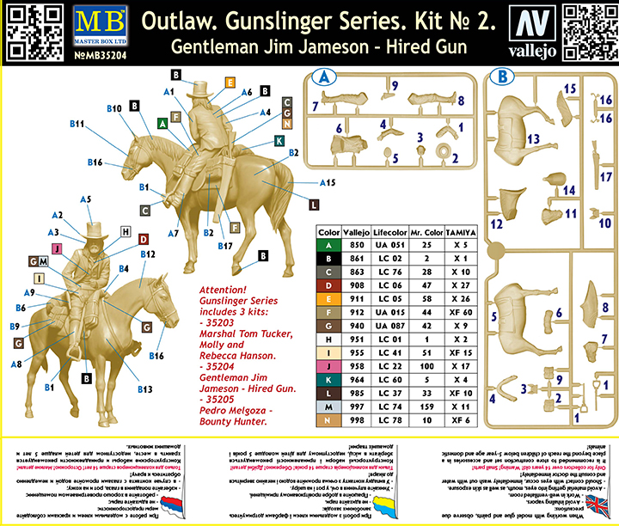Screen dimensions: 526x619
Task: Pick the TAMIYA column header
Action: pos(461,232)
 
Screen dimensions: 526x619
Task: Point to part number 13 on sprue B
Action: pos(533,138)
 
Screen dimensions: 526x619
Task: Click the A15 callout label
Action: pos(326,182)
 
